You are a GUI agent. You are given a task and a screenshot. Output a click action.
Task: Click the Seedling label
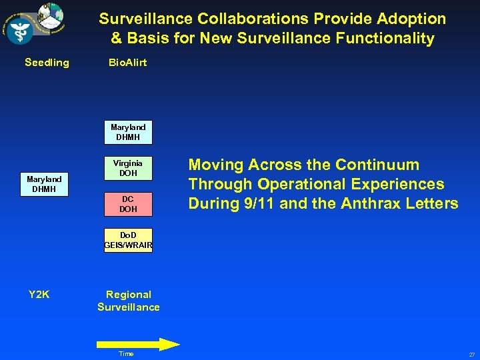(47, 63)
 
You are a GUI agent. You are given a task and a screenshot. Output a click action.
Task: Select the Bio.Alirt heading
(128, 63)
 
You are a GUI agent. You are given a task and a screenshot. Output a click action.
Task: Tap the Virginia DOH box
(128, 168)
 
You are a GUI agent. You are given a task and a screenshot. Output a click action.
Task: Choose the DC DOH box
(128, 204)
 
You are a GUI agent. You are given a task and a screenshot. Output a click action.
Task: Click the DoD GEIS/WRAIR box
(128, 241)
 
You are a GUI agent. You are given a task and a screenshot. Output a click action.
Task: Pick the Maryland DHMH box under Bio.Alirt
(128, 132)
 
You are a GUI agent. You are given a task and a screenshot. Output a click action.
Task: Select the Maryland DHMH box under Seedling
(44, 185)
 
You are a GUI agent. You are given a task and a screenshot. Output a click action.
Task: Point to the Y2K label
(39, 294)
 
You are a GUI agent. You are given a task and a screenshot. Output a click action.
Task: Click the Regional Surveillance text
(129, 301)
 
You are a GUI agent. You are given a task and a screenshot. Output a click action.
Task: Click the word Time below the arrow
(125, 354)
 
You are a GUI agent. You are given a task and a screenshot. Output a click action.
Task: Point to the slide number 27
(471, 355)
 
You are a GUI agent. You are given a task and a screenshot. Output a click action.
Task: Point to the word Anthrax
(365, 203)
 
